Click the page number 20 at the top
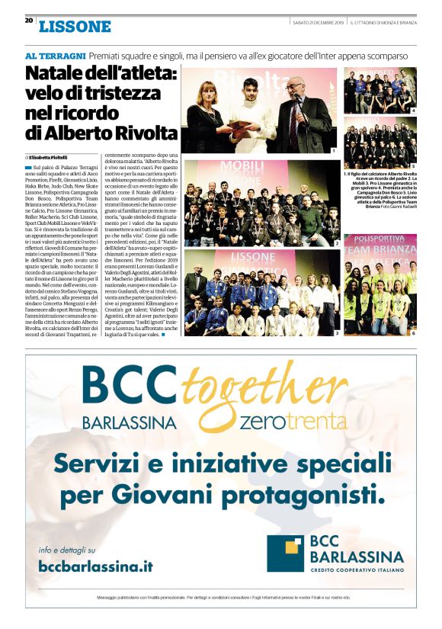coord(28,21)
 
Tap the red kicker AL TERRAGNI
coord(55,56)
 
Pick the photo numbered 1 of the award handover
coord(259,111)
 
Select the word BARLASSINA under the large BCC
coord(130,421)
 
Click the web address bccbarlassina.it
coord(95,566)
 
